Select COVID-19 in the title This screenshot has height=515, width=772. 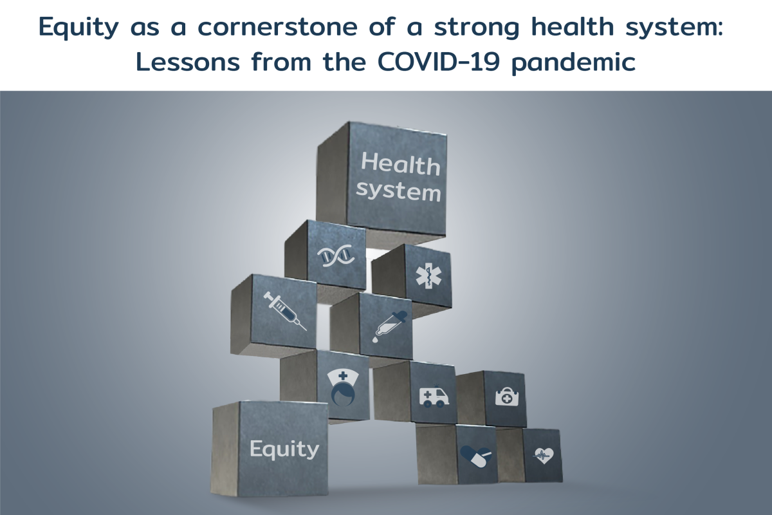click(432, 64)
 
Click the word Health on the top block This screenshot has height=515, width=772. click(400, 164)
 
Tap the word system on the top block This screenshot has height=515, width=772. click(399, 191)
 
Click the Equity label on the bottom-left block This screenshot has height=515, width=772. click(284, 449)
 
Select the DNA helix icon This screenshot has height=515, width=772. click(337, 256)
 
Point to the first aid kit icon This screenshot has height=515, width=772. click(506, 396)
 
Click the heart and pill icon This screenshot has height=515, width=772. click(476, 456)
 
